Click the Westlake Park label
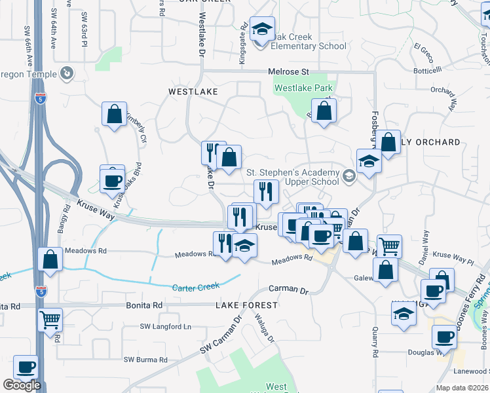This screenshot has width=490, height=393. tap(303, 88)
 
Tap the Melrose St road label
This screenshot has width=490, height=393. tap(288, 71)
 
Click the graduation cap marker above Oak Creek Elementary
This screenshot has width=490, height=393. tap(262, 29)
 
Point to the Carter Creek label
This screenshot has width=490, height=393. tap(195, 287)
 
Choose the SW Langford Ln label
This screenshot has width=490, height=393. tap(166, 326)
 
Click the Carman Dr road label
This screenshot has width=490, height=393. tap(288, 289)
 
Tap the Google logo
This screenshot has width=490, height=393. tap(21, 385)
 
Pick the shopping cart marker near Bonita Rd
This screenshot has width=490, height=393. tap(50, 320)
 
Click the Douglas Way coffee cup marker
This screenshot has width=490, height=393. tap(444, 337)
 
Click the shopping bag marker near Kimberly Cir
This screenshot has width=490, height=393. tap(114, 114)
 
